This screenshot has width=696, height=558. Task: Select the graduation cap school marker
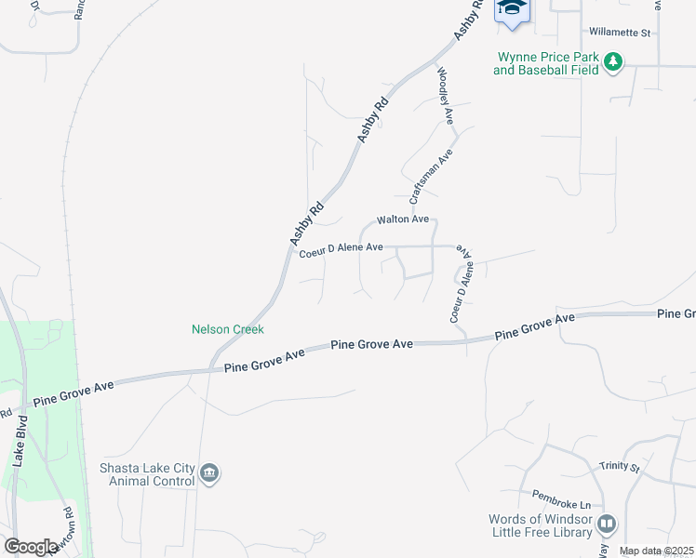click(511, 8)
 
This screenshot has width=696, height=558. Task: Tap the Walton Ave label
click(402, 220)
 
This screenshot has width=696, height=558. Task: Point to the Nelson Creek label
click(228, 329)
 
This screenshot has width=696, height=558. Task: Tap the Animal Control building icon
click(210, 474)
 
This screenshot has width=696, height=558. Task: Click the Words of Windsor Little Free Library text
click(541, 526)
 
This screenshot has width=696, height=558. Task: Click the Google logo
click(31, 547)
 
